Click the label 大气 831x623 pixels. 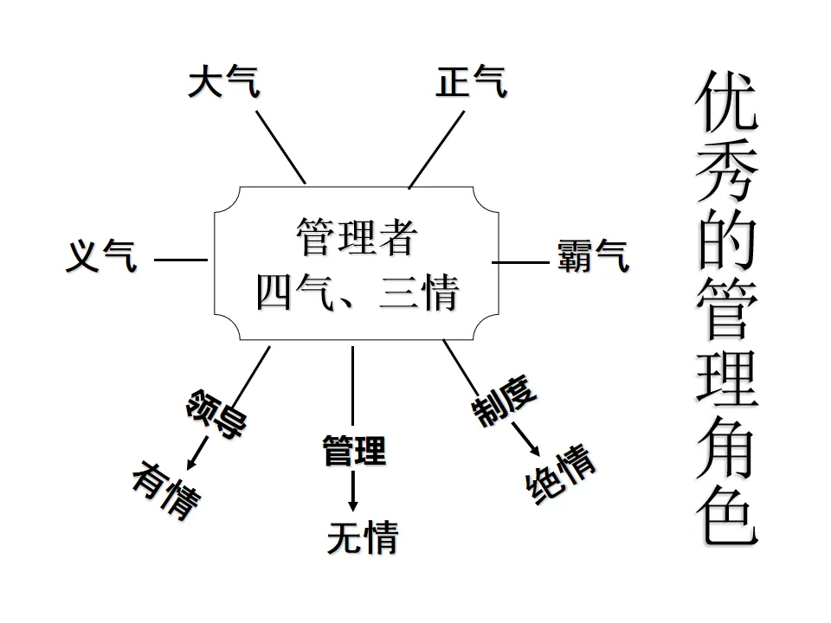223,84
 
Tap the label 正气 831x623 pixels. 472,83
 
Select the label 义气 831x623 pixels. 102,257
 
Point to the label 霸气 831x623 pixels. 594,258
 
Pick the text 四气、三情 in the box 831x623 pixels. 357,293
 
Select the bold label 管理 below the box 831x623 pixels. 353,450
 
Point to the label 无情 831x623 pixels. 362,537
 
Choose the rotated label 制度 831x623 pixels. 504,399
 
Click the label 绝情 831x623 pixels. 561,475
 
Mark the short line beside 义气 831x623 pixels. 180,259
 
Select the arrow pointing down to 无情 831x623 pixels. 352,492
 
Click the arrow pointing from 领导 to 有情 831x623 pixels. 198,450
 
